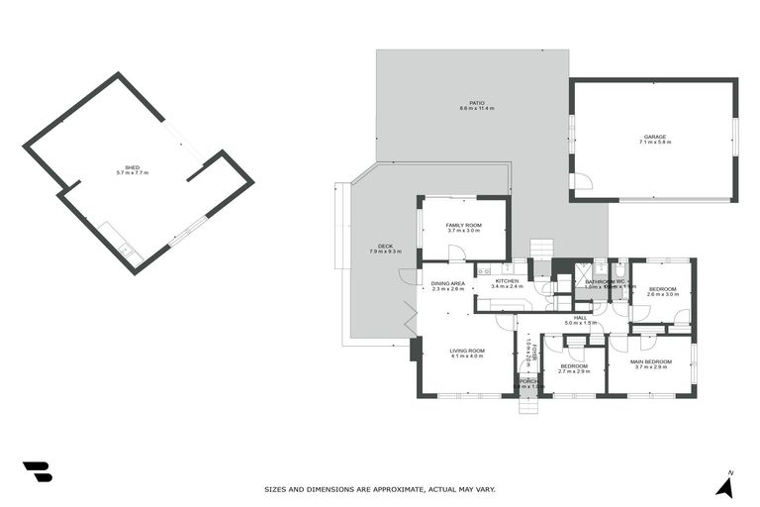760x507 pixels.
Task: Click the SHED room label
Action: tap(132, 166)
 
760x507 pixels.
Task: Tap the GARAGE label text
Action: tap(655, 136)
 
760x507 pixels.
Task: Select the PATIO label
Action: tap(476, 102)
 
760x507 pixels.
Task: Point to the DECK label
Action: tap(385, 247)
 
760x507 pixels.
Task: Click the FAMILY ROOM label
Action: tap(463, 225)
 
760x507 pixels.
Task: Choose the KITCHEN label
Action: tap(507, 280)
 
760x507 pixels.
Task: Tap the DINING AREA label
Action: tap(447, 283)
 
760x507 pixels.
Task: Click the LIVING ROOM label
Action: tap(467, 350)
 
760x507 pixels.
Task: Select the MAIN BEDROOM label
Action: tap(651, 361)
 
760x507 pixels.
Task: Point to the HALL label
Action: tap(582, 317)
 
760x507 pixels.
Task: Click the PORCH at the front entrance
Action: tap(527, 382)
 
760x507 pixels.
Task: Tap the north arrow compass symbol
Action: tap(726, 485)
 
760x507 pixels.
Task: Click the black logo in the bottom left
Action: tap(37, 471)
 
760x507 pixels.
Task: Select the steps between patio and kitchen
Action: tap(540, 248)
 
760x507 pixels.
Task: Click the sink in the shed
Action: tap(128, 250)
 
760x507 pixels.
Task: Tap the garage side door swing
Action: tap(584, 182)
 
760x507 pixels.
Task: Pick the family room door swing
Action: tap(456, 253)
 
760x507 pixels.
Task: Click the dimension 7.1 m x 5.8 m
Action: tap(655, 143)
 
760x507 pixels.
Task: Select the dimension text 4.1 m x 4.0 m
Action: tap(467, 356)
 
